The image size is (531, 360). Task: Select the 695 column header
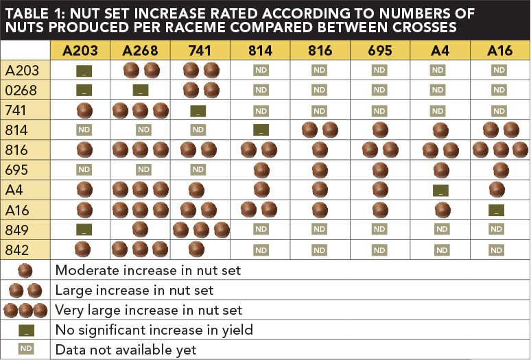[379, 50]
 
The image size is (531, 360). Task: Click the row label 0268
[21, 90]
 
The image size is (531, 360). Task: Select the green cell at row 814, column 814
[261, 130]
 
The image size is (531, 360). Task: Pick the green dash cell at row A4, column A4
[440, 190]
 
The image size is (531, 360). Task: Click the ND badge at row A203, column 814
[261, 70]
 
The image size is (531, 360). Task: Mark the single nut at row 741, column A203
[84, 110]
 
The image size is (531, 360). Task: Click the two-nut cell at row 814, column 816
[320, 130]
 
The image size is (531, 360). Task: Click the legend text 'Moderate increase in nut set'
[147, 270]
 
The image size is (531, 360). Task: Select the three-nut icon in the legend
[25, 310]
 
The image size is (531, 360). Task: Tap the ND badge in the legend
[25, 350]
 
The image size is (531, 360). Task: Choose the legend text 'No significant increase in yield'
[154, 330]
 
